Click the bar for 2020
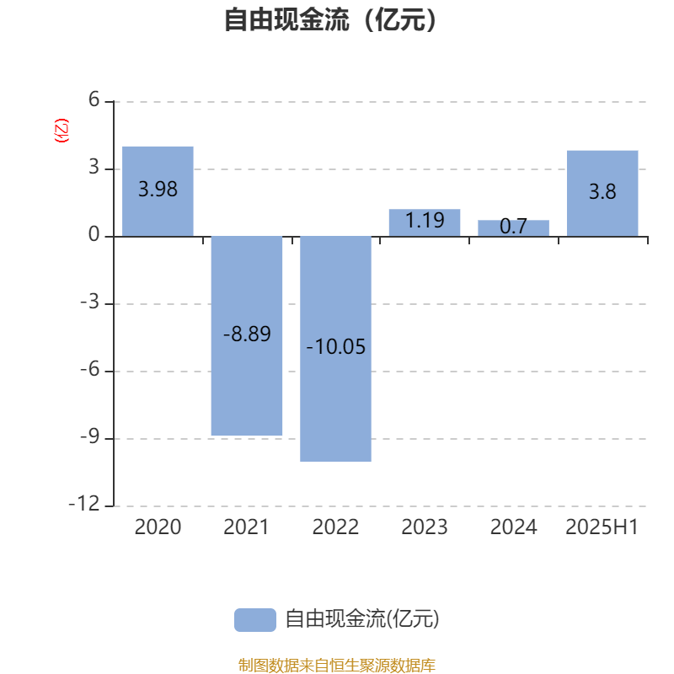coord(158,191)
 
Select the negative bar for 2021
coord(247,335)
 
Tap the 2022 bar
coord(335,349)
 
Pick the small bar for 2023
coord(425,222)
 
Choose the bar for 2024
coord(514,228)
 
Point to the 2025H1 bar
coord(602,194)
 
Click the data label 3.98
coord(158,189)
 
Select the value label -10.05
coord(335,346)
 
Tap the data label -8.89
coord(247,334)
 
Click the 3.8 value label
coord(602,191)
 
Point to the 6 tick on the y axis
coord(94,99)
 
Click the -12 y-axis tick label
coord(84,504)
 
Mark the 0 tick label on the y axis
coord(94,235)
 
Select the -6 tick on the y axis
coord(90,369)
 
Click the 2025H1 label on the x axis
coord(602,527)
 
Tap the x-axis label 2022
coord(335,527)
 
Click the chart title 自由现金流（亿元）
coord(330,19)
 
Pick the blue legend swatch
coord(255,620)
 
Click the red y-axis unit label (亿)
coord(62,131)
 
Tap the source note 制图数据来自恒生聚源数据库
coord(337,665)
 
